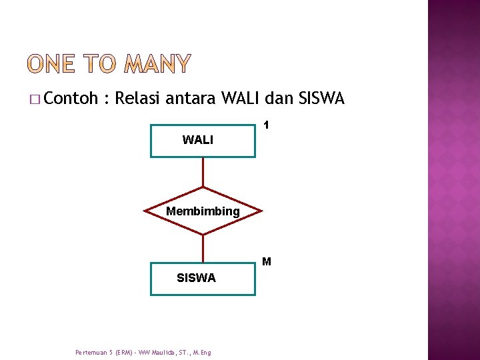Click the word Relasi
tap(137, 99)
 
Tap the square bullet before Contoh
tap(34, 100)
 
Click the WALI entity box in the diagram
tap(203, 141)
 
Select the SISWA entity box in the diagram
tap(203, 279)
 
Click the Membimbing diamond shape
tap(203, 211)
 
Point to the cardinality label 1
tap(266, 125)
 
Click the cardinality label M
tap(267, 261)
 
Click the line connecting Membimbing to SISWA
tap(203, 248)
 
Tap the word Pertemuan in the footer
tap(89, 352)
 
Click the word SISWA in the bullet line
tap(322, 99)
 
